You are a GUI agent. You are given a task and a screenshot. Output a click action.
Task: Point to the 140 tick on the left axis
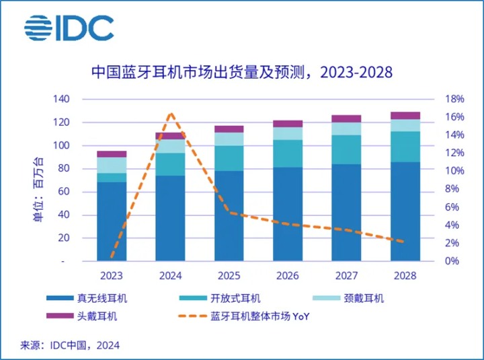click(x=61, y=100)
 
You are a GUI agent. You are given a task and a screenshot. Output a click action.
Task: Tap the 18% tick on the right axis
click(x=454, y=100)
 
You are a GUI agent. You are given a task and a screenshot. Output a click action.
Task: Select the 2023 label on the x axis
click(x=112, y=275)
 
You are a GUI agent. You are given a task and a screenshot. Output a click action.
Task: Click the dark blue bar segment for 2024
click(x=170, y=218)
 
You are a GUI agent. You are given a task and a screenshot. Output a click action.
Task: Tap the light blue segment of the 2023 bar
click(x=112, y=165)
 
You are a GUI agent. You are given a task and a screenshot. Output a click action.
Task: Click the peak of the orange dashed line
click(x=171, y=114)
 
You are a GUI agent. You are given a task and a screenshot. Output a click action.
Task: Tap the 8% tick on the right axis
click(x=452, y=189)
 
